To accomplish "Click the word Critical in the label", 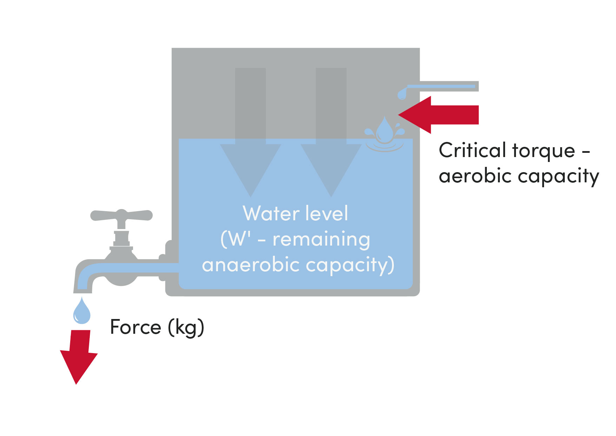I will tap(472, 151).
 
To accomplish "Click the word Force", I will tap(135, 327).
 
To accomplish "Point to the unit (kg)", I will tap(186, 327).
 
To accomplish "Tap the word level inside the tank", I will tap(326, 213).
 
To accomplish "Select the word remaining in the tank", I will tap(321, 240).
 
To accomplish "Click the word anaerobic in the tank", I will tap(251, 265).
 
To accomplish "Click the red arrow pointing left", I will tap(439, 115).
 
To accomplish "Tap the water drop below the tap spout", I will tap(82, 312).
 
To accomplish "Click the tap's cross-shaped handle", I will tap(121, 215).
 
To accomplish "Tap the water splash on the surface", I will tap(385, 135).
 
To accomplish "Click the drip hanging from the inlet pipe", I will tap(402, 94).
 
